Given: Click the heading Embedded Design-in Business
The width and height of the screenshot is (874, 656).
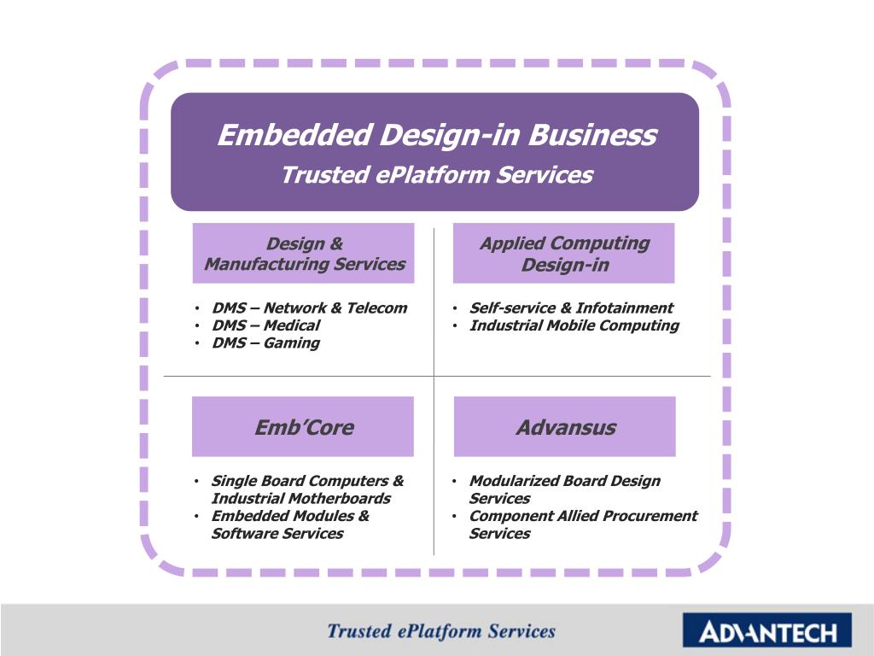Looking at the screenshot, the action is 436,135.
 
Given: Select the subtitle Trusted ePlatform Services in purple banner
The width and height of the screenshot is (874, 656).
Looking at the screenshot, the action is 436,175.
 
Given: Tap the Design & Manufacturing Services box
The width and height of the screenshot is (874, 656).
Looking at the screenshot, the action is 304,254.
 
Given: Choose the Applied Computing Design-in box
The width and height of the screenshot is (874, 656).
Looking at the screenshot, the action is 564,254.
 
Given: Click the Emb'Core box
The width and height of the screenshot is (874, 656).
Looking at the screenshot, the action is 304,427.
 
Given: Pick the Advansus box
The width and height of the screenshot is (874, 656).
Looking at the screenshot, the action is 565,427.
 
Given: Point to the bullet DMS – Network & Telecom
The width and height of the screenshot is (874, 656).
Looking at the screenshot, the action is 309,308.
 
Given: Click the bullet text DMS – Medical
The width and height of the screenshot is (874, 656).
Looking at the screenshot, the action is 265,325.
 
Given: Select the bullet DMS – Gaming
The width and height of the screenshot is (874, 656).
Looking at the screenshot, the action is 265,343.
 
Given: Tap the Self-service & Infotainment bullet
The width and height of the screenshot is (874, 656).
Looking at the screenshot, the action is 571,308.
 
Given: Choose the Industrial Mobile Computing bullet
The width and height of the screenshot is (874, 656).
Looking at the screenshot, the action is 574,325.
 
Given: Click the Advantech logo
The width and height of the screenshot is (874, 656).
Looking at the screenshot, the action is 766,632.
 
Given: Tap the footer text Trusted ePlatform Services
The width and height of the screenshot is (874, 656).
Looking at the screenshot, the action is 441,632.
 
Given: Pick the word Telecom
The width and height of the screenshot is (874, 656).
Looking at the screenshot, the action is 376,308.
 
